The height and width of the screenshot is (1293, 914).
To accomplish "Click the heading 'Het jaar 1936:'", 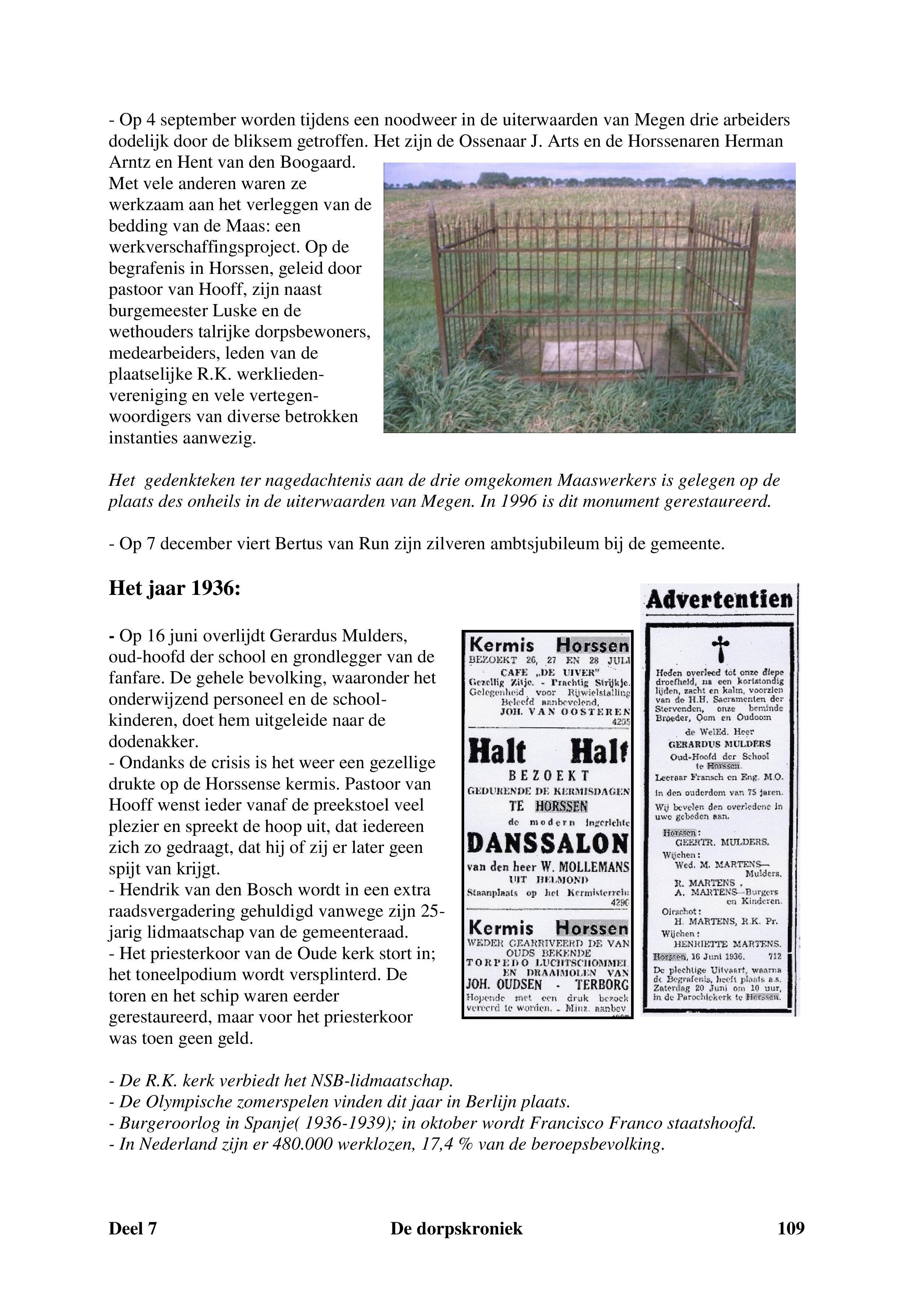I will click(175, 589).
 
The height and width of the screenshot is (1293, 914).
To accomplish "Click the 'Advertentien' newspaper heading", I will click(719, 599).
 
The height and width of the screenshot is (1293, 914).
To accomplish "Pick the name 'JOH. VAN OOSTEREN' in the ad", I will click(565, 712).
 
